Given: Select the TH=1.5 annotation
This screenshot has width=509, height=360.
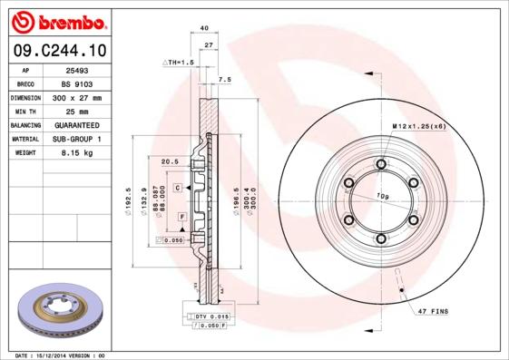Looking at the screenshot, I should (x=180, y=62).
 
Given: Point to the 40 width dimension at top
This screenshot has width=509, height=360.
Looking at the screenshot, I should (x=204, y=29).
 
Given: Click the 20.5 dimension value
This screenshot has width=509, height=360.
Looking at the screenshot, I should (x=168, y=161).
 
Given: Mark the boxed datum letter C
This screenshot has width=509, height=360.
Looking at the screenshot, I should (x=179, y=187).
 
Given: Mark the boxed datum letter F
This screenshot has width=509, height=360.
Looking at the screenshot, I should (x=182, y=217).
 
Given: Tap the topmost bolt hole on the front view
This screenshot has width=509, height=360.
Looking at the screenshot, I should (x=381, y=164).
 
